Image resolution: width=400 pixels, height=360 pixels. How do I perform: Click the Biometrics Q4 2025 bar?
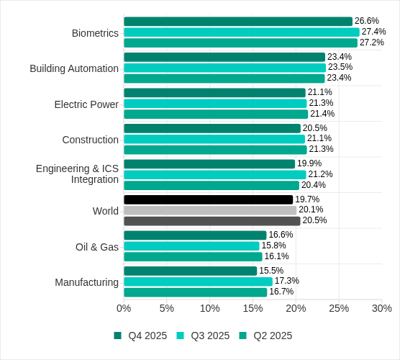pyautogui.click(x=238, y=22)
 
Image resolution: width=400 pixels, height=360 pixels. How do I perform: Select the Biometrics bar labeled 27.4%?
pyautogui.click(x=242, y=32)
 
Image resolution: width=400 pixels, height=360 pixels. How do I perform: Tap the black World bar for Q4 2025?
pyautogui.click(x=209, y=199)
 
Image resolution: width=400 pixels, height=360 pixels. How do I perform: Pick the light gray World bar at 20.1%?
pyautogui.click(x=210, y=210)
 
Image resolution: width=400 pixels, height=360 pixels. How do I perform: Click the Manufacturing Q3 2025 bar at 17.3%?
pyautogui.click(x=198, y=282)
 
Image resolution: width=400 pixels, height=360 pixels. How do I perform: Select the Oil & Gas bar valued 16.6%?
pyautogui.click(x=195, y=235)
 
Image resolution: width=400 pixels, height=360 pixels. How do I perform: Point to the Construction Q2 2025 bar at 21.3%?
pyautogui.click(x=215, y=150)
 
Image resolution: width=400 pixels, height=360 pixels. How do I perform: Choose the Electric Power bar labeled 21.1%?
pyautogui.click(x=214, y=93)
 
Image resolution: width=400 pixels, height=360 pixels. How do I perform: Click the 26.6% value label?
pyautogui.click(x=367, y=22)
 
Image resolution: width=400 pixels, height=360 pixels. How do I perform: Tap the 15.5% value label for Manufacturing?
pyautogui.click(x=271, y=271)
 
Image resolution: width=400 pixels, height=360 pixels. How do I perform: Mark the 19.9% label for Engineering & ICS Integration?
pyautogui.click(x=309, y=164)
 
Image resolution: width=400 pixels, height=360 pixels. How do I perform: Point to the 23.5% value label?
pyautogui.click(x=340, y=68)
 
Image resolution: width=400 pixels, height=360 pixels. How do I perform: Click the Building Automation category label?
pyautogui.click(x=74, y=68)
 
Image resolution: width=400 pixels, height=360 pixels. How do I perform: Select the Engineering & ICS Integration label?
pyautogui.click(x=77, y=174)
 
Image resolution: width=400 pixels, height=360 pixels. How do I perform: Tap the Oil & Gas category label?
pyautogui.click(x=97, y=247)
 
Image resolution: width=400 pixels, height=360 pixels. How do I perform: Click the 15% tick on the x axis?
pyautogui.click(x=253, y=308)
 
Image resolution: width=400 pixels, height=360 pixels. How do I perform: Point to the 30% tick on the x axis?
pyautogui.click(x=381, y=308)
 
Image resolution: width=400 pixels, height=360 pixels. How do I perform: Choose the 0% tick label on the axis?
pyautogui.click(x=124, y=308)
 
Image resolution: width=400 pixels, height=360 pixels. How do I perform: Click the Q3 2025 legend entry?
pyautogui.click(x=204, y=336)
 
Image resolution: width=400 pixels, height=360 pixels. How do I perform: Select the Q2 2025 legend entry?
pyautogui.click(x=266, y=336)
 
